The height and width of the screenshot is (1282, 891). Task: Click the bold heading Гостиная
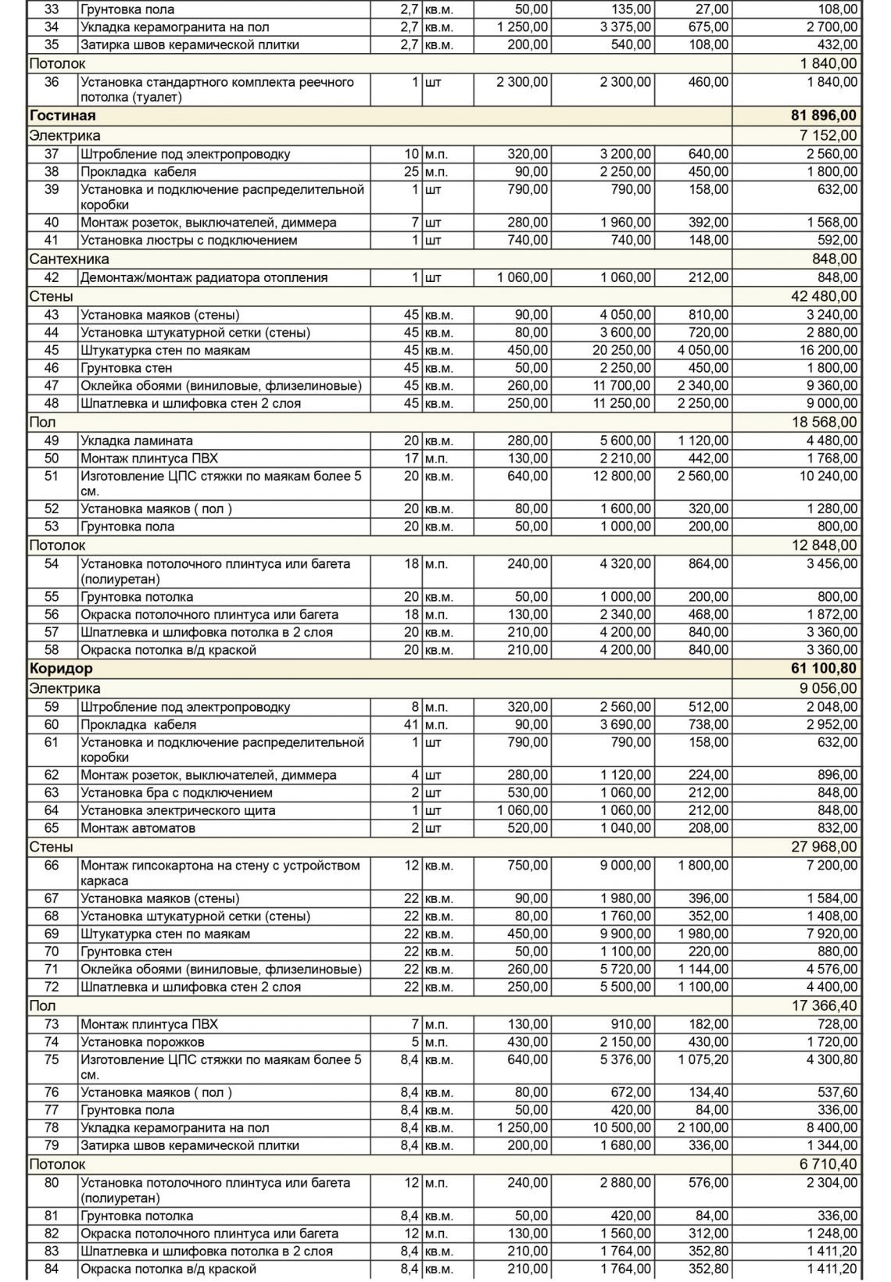[x=63, y=116]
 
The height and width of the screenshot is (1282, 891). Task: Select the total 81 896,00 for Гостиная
[x=824, y=116]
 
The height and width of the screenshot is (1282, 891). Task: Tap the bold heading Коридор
[x=61, y=669]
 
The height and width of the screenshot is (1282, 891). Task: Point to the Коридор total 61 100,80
[x=824, y=669]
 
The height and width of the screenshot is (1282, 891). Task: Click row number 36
[x=52, y=82]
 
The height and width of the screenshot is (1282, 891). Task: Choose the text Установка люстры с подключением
[x=188, y=240]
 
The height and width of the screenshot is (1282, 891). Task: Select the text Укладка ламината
[x=137, y=441]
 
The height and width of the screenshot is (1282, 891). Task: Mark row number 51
[x=52, y=476]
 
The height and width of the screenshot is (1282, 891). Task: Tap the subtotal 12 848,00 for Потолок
[x=828, y=545]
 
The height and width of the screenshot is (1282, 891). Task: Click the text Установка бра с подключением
[x=177, y=793]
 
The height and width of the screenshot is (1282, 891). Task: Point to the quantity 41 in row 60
[x=412, y=725]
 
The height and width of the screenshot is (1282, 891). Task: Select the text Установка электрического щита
[x=178, y=811]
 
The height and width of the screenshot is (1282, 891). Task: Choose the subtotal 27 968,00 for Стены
[x=828, y=847]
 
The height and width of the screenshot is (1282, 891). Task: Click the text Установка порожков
[x=142, y=1042]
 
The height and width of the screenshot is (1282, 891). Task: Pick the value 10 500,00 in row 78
[x=621, y=1128]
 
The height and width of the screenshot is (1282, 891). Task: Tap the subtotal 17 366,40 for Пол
[x=828, y=1005]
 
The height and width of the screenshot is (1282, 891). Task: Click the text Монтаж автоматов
[x=138, y=828]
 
